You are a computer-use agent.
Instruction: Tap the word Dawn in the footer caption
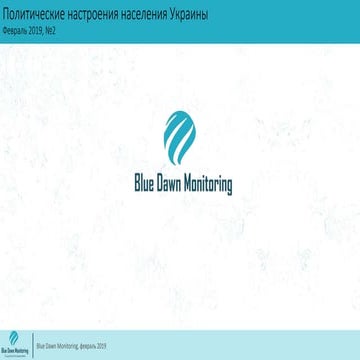[x=49, y=347]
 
